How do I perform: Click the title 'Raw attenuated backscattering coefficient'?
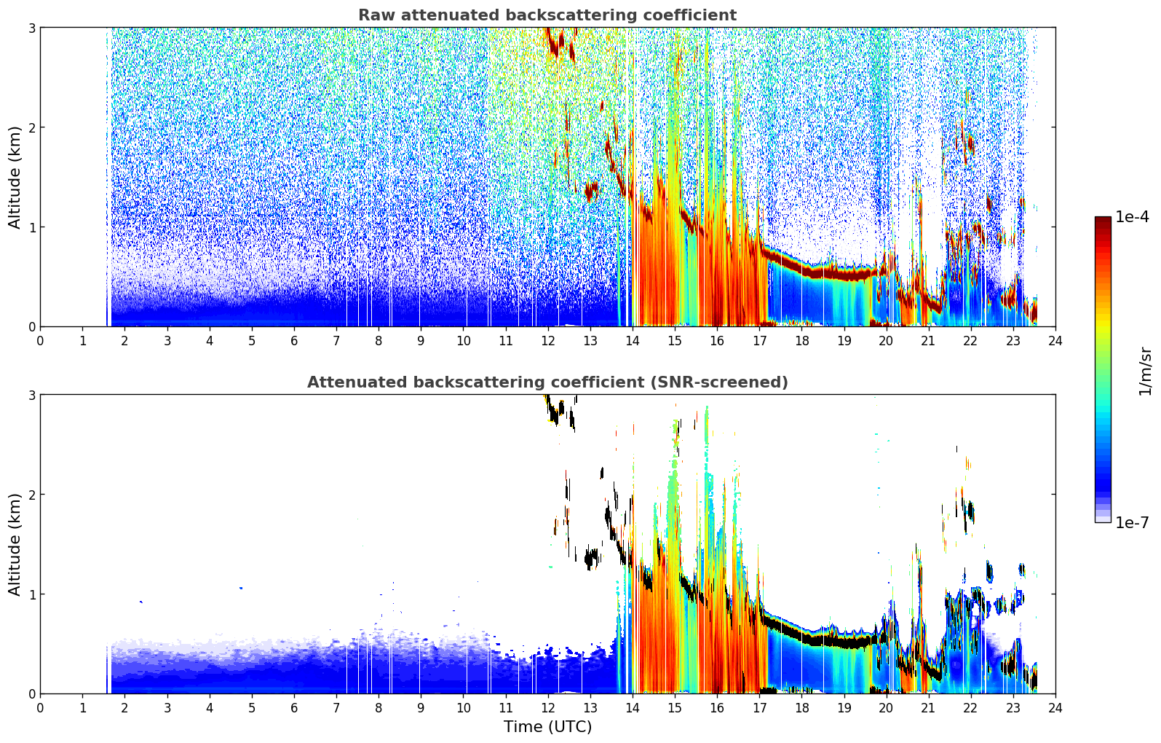point(547,15)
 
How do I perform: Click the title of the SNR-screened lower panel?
point(547,382)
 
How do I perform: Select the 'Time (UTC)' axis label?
point(547,726)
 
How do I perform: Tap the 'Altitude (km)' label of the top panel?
point(15,178)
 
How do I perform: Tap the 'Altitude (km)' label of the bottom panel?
point(15,544)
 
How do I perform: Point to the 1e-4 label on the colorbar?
point(1132,216)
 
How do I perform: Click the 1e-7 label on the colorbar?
point(1132,522)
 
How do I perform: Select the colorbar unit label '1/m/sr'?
point(1145,371)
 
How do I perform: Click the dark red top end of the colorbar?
point(1103,220)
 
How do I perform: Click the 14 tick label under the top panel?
point(633,341)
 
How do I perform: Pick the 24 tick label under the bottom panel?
point(1055,708)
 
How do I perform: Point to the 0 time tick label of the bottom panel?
point(41,708)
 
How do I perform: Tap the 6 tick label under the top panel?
point(294,341)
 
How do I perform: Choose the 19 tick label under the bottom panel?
point(844,708)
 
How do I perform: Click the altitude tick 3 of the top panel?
point(31,28)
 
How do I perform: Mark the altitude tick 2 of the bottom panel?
point(31,495)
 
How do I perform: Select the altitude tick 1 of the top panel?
point(31,227)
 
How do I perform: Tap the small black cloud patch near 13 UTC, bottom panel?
point(591,559)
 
